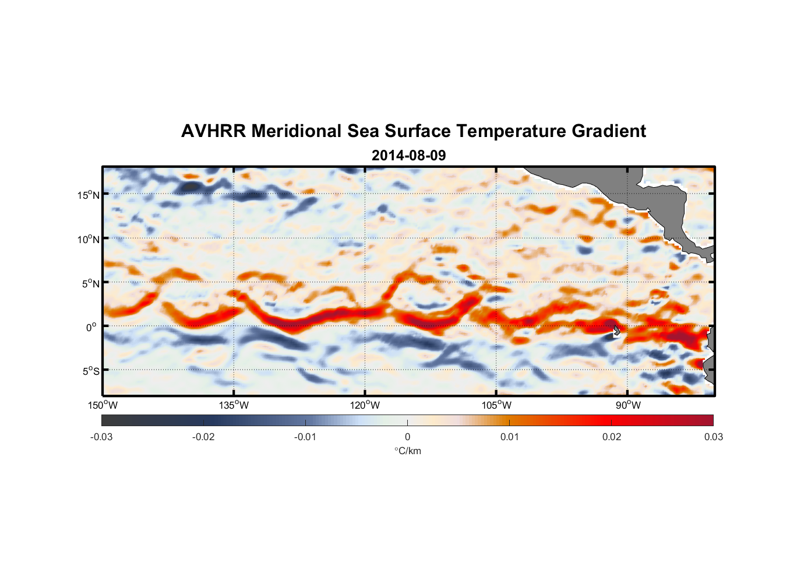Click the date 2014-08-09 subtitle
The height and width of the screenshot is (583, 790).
coord(408,156)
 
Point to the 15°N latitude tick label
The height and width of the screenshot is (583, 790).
coord(89,195)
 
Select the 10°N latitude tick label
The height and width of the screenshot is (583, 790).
coord(89,239)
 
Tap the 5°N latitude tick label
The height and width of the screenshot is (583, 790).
coord(90,283)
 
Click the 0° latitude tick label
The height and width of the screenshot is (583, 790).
coord(92,327)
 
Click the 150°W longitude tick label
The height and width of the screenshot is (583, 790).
coord(103,405)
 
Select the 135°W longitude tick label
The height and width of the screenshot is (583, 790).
coord(234,405)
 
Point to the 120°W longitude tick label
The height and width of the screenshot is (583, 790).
coord(365,405)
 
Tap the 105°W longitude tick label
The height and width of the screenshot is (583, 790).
coord(496,405)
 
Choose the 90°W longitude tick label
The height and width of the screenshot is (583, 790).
coord(628,405)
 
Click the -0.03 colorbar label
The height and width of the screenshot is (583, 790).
coord(101,437)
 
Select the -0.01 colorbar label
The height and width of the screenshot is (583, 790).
coord(305,437)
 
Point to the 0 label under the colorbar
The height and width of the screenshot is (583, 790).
coord(407,437)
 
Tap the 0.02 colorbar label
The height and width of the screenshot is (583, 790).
coord(612,437)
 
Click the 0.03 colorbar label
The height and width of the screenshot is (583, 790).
coord(713,437)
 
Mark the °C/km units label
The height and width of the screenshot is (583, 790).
coord(407,451)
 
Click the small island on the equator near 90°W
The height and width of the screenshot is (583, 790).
coord(616,331)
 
